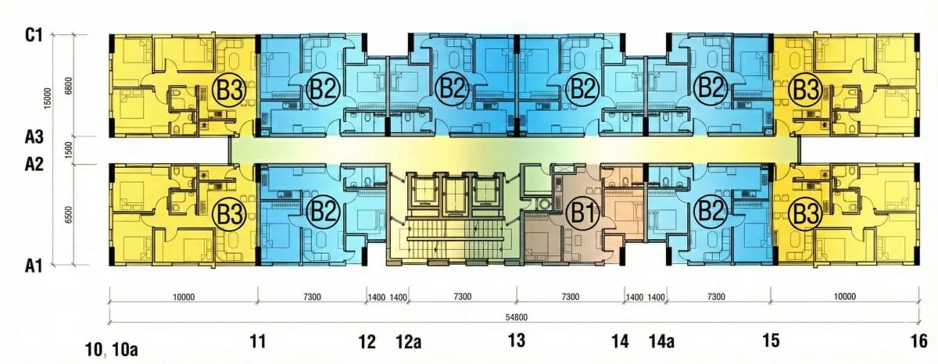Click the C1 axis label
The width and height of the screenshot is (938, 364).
click(34, 36)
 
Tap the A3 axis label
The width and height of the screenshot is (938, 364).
click(34, 137)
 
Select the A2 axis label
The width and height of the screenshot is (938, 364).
click(34, 165)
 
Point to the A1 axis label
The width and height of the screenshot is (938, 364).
click(34, 266)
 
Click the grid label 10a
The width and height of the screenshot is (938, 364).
click(124, 350)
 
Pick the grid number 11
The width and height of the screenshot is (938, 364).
click(258, 342)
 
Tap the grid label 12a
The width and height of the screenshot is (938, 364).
click(409, 342)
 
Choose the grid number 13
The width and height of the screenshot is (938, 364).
click(517, 341)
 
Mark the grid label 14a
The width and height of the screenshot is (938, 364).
click(661, 342)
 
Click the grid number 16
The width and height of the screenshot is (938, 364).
click(919, 341)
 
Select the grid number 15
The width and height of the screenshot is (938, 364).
click(771, 341)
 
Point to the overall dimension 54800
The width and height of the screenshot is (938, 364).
click(517, 318)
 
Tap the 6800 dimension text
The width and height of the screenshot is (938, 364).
click(69, 86)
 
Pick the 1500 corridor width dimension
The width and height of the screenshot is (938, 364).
click(69, 150)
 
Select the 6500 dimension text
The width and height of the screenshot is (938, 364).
click(69, 214)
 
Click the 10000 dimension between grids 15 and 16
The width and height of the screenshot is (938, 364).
click(845, 297)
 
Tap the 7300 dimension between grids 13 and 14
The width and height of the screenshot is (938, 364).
click(571, 297)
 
